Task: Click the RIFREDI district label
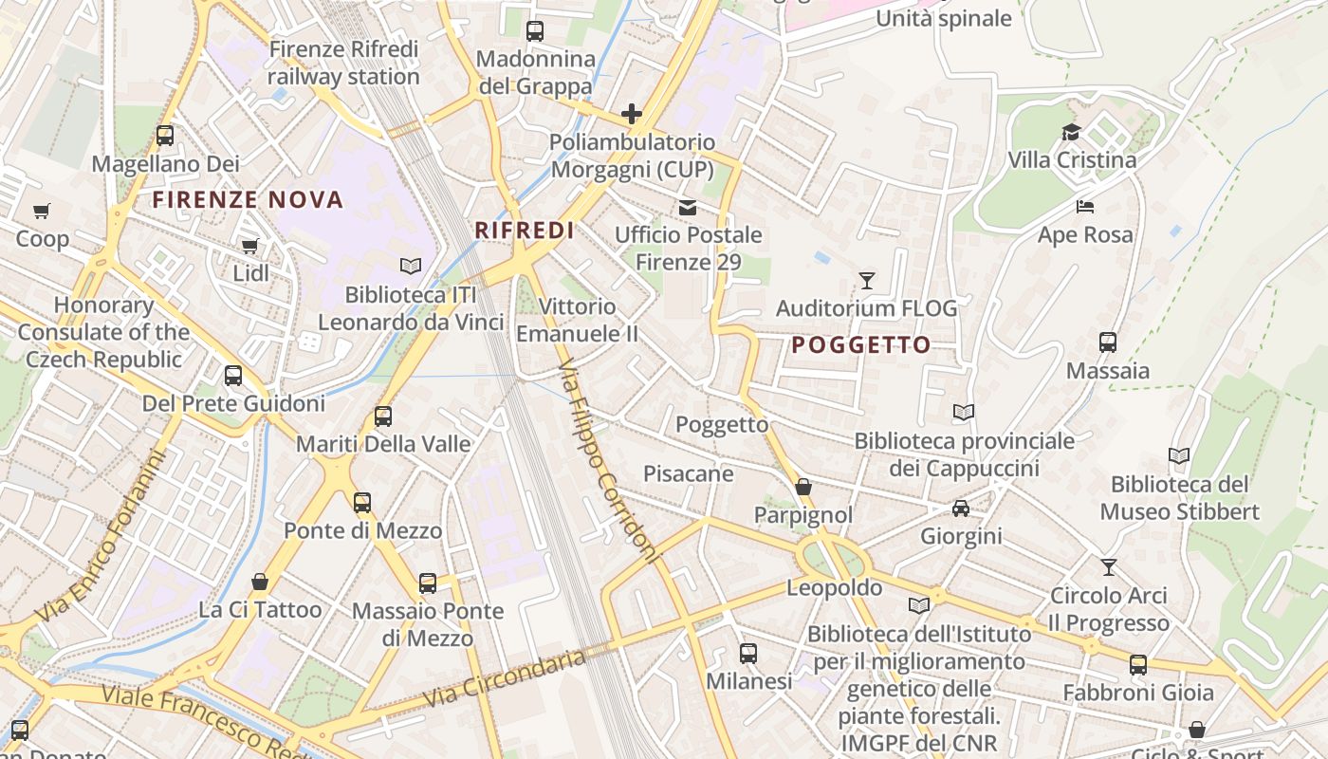524,231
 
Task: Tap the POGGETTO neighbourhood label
860,345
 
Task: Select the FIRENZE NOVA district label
248,200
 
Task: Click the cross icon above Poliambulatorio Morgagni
632,115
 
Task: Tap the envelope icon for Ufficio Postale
688,207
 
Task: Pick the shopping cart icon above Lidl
250,247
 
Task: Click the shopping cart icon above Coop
41,211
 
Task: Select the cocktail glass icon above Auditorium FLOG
866,281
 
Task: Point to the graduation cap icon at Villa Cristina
1071,133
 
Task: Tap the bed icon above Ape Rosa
1085,207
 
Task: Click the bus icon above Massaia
1107,342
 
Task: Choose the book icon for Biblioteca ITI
410,267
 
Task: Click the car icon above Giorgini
961,509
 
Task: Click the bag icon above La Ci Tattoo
260,582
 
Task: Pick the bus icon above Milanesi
748,653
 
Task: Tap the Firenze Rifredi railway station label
343,63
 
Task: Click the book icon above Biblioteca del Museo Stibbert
1179,456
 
